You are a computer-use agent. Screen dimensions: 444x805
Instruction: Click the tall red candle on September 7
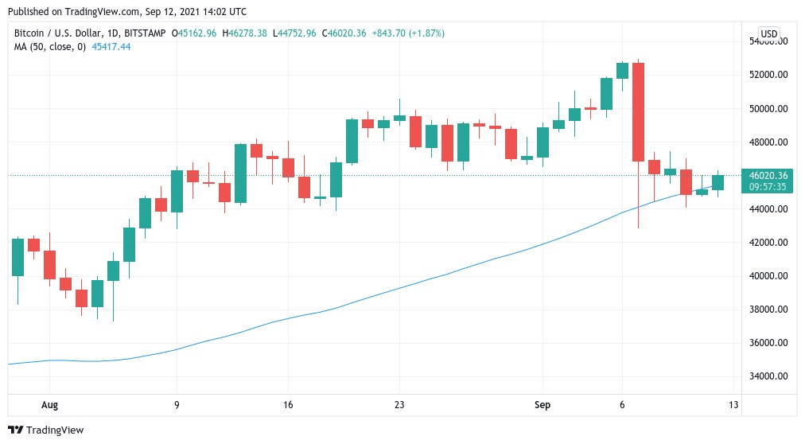tap(638, 111)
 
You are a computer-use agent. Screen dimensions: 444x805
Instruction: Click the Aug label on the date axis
tap(49, 405)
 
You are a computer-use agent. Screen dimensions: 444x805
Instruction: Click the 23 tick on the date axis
tap(399, 405)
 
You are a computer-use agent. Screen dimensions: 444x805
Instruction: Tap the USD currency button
tap(769, 33)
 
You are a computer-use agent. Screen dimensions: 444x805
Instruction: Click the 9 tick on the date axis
tap(177, 405)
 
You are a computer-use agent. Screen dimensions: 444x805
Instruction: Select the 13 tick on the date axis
tap(733, 405)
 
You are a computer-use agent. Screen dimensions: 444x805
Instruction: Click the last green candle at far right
tap(717, 182)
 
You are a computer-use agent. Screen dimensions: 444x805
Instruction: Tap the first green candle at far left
tap(17, 256)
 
